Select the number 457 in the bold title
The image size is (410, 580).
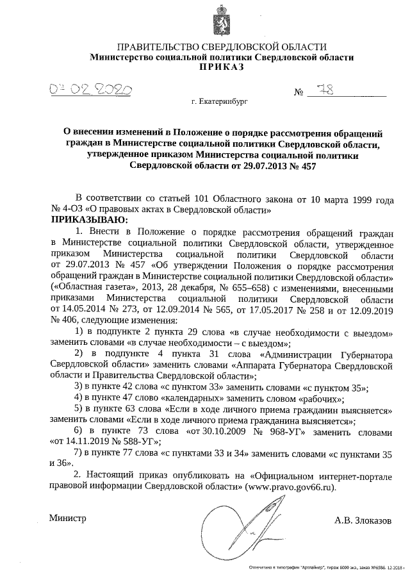304,165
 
